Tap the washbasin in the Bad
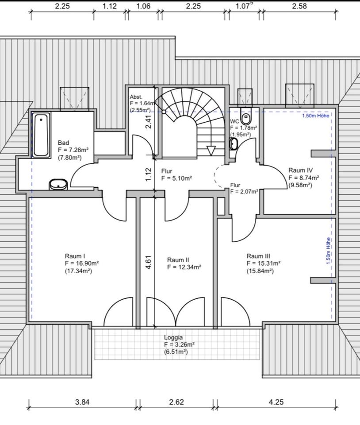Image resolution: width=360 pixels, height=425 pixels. tap(58, 184)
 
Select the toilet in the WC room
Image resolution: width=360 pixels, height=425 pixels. tap(246, 116)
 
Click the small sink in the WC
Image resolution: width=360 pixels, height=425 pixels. tap(234, 143)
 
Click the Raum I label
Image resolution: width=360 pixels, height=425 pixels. tap(75, 256)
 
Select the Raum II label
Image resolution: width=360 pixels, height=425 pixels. tap(178, 260)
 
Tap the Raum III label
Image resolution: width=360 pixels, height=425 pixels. tap(258, 256)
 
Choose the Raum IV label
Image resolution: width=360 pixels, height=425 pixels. tap(300, 170)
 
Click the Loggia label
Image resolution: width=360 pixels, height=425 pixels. tap(174, 337)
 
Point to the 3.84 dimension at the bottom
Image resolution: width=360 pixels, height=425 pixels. tap(82, 402)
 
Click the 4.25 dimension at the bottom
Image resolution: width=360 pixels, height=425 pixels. tap(276, 402)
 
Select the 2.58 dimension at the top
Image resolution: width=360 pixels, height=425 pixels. tap(299, 6)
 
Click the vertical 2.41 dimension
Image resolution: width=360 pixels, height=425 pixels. tap(149, 122)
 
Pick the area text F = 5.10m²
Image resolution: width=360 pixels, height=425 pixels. tap(176, 178)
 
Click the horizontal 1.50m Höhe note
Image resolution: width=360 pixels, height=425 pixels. tap(316, 116)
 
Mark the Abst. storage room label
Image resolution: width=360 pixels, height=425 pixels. tap(136, 97)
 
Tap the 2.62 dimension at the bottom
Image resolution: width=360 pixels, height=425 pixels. tap(176, 402)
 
